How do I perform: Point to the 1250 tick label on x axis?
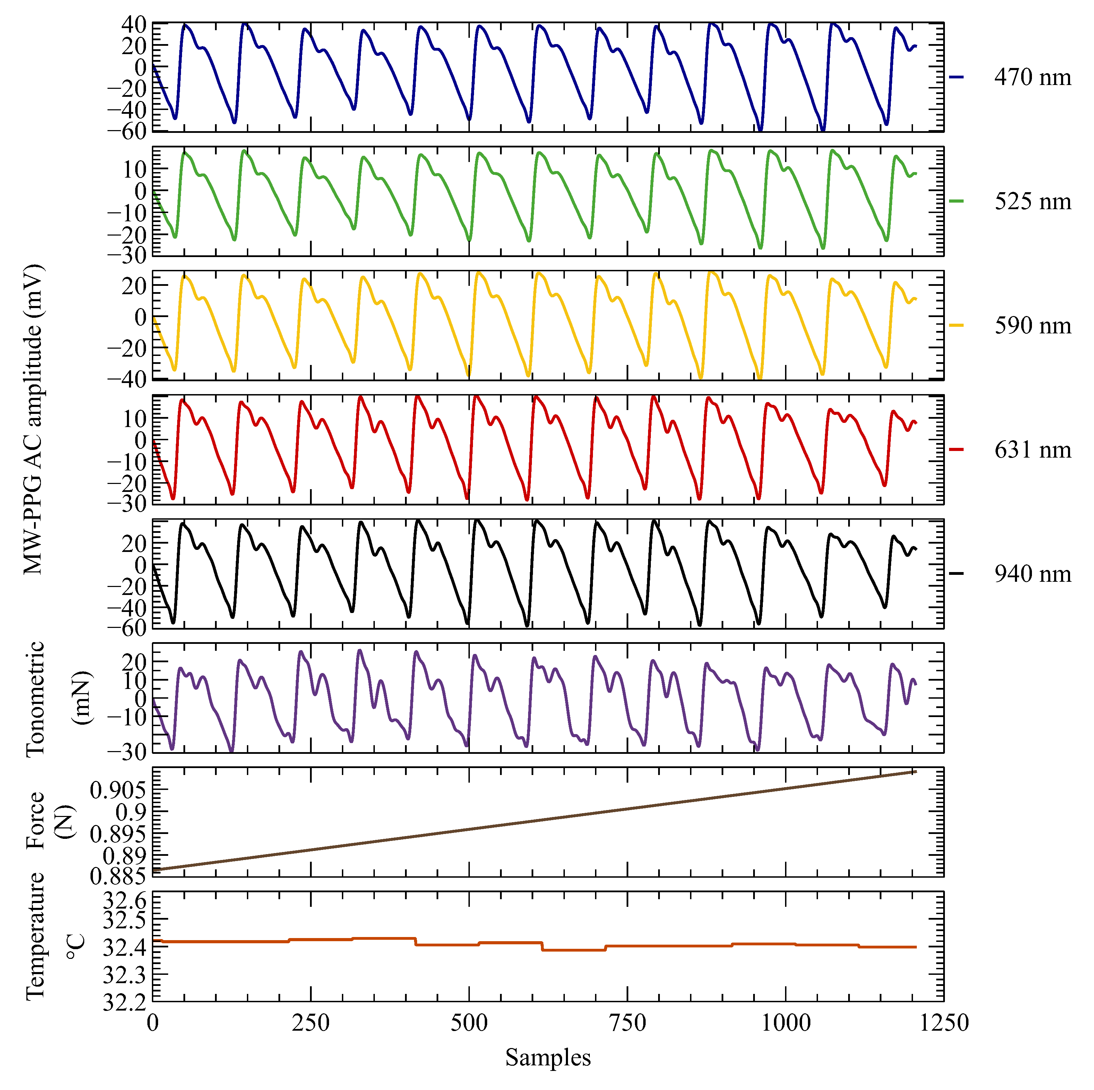coord(944,1023)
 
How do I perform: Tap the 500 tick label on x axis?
coord(469,1023)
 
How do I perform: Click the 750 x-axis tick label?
coord(627,1023)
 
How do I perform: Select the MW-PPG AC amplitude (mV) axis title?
coord(33,419)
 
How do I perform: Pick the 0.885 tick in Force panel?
coord(118,877)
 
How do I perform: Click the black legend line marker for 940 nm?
coord(956,574)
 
